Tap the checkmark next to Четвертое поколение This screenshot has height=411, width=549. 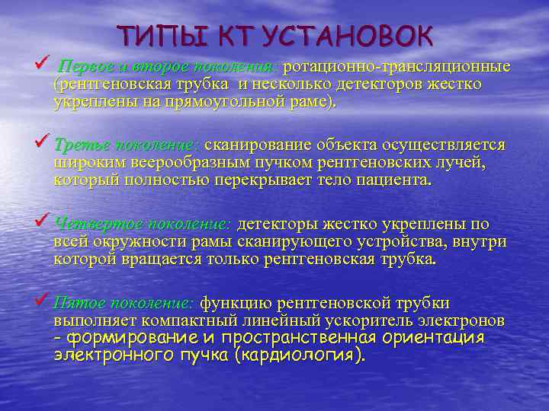[x=44, y=221]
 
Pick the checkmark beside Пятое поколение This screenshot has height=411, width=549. [x=44, y=301]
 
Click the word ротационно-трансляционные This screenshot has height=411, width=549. [x=396, y=67]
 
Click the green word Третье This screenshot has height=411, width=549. [x=80, y=145]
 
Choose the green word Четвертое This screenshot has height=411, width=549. [x=93, y=225]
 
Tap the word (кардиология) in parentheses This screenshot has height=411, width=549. [x=297, y=355]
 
